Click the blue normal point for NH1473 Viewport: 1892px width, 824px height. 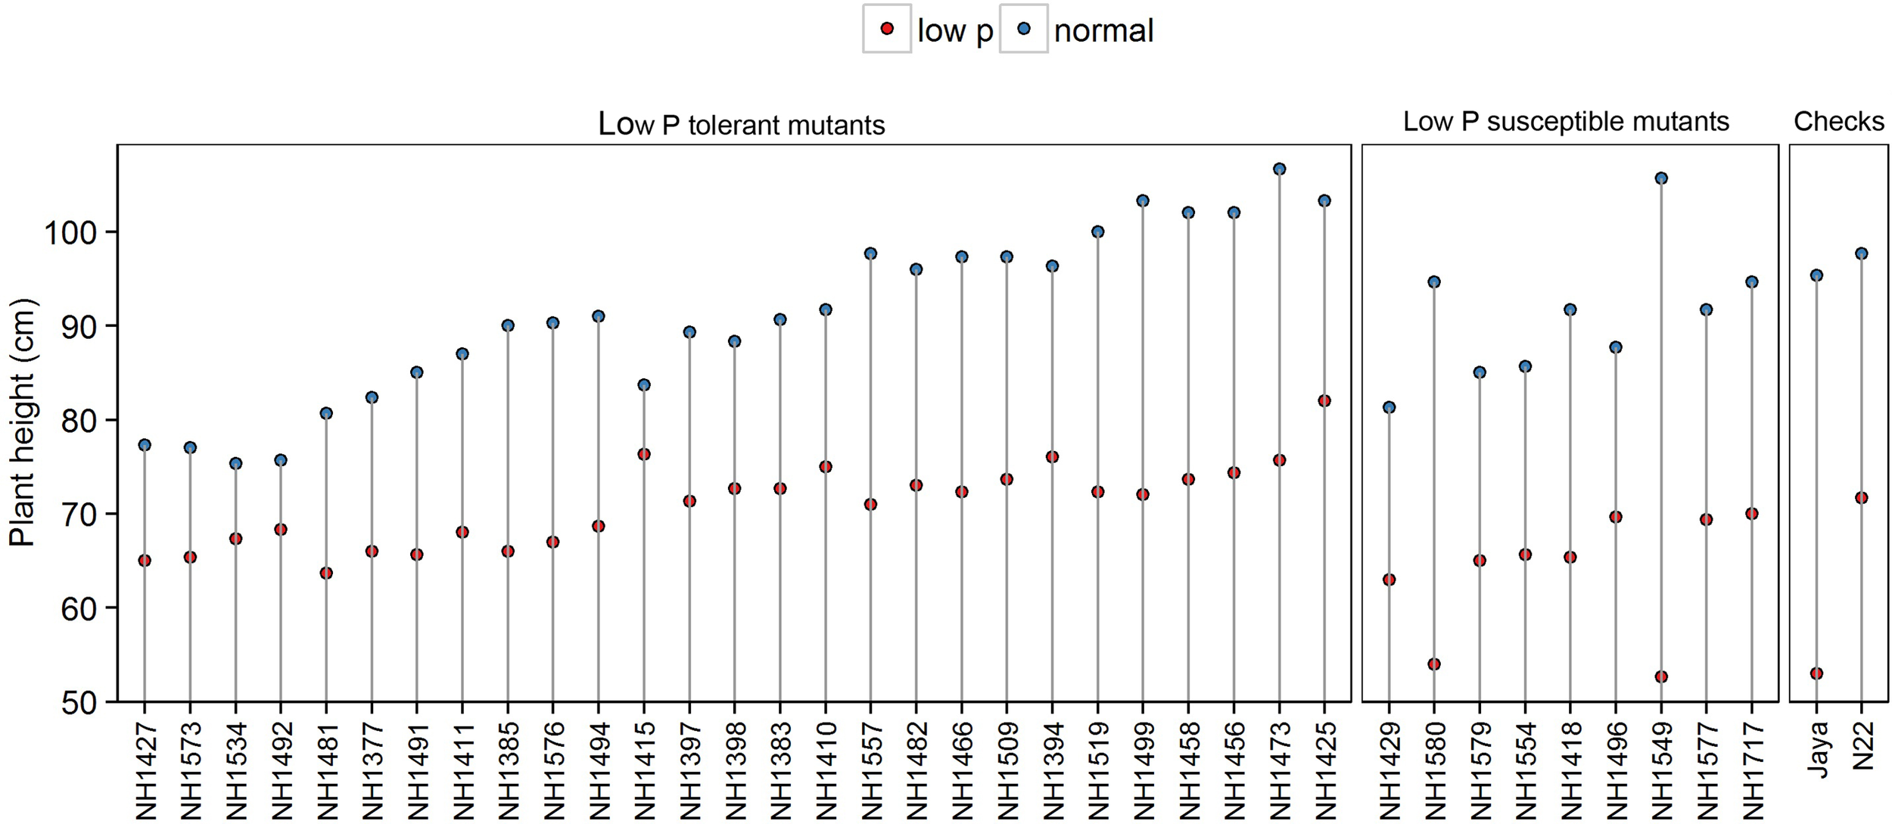(x=1279, y=169)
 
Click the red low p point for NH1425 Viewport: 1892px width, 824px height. (x=1324, y=401)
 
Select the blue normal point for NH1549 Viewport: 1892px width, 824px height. (x=1661, y=179)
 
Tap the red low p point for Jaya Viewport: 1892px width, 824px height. (x=1816, y=673)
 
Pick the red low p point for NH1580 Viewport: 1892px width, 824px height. (x=1434, y=664)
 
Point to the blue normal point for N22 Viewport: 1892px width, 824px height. (x=1862, y=253)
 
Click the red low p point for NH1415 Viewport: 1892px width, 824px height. (x=644, y=455)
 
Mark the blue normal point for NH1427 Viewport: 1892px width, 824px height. (x=145, y=445)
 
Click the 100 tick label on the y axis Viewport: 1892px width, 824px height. (x=70, y=232)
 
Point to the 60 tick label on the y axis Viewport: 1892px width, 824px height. (x=80, y=608)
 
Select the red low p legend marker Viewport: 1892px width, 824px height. (x=887, y=29)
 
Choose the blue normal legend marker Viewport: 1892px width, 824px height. (x=1024, y=29)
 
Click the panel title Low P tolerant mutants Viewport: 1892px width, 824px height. (x=741, y=124)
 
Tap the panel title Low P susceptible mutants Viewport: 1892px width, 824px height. (x=1566, y=122)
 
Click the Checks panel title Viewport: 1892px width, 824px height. (x=1838, y=122)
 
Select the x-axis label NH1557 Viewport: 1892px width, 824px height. (x=871, y=770)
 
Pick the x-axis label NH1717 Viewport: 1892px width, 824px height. (x=1753, y=770)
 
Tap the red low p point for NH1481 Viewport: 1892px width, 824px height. (x=326, y=574)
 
